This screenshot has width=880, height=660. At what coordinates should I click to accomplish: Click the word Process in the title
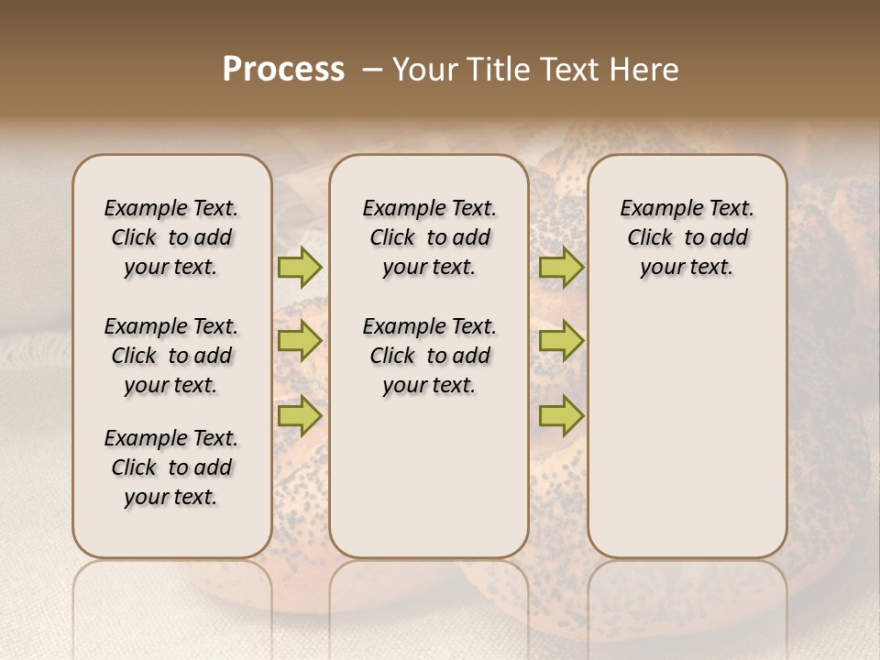283,69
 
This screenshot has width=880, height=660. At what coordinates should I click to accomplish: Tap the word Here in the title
646,69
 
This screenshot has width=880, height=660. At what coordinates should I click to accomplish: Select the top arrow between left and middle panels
300,267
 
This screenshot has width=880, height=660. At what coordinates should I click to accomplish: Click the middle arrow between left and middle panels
300,342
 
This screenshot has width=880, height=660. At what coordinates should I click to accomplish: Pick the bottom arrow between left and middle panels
300,415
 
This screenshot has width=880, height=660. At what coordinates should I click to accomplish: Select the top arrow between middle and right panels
561,267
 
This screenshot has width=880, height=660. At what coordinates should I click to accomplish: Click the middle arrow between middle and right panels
561,342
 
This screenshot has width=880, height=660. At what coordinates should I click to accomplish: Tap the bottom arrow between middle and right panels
561,415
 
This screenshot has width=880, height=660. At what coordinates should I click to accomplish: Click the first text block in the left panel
171,237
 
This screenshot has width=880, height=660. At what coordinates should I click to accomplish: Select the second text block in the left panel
171,356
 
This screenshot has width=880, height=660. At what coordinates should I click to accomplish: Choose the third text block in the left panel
171,467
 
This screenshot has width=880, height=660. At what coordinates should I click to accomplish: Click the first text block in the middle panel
429,237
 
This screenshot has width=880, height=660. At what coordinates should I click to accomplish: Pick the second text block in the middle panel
429,356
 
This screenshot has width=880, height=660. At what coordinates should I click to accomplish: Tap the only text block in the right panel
687,237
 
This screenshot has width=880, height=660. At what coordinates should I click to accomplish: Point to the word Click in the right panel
650,238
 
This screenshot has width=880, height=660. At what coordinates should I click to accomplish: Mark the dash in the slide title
372,69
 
